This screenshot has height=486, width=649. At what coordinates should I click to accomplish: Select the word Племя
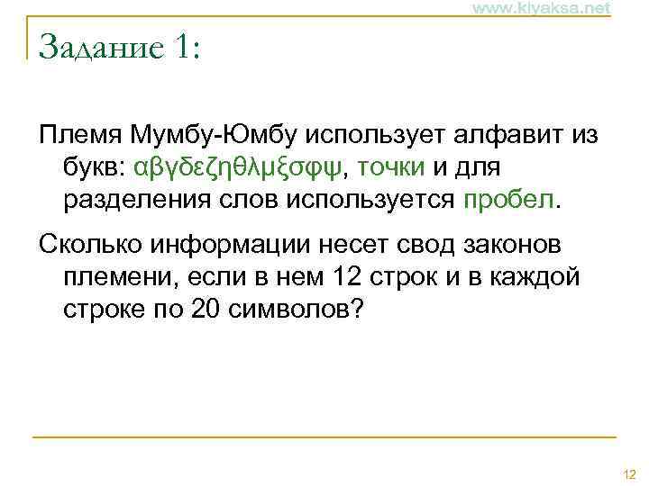tap(80, 137)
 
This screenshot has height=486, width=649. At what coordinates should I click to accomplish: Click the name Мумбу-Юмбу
tap(212, 137)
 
